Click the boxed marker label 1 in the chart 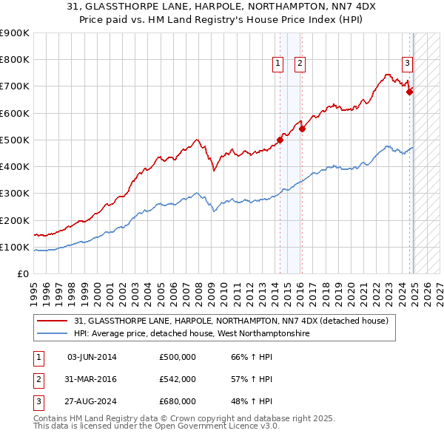click(x=277, y=64)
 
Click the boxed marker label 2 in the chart click(x=300, y=64)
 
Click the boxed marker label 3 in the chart click(x=407, y=64)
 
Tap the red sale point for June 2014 click(x=280, y=140)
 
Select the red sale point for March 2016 click(x=303, y=129)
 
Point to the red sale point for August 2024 click(x=410, y=92)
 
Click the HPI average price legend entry click(x=191, y=334)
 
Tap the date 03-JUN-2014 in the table click(x=92, y=358)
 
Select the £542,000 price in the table click(x=177, y=379)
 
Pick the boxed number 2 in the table click(x=38, y=379)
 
